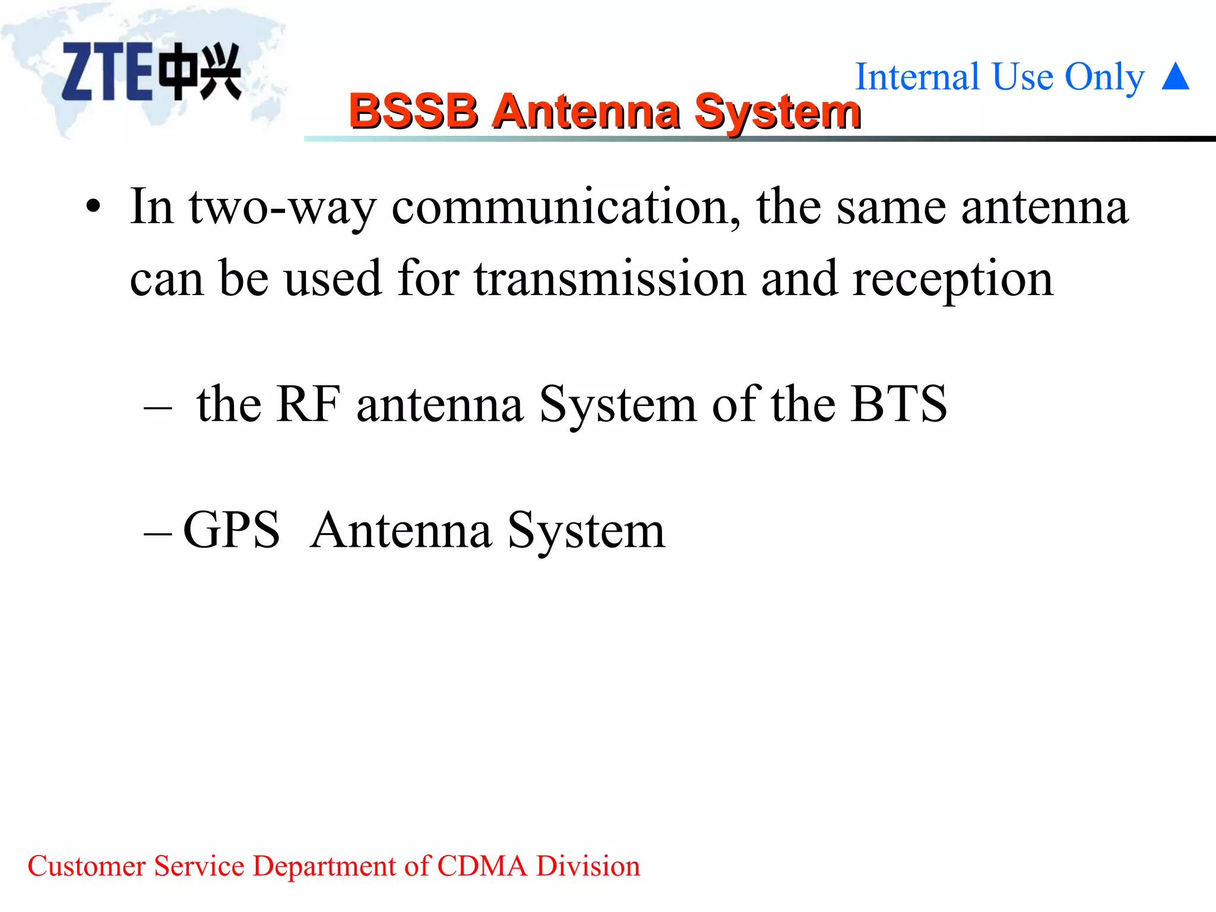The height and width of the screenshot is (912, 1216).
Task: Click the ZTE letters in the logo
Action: pyautogui.click(x=107, y=72)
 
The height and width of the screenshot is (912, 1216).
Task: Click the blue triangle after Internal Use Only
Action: pyautogui.click(x=1175, y=77)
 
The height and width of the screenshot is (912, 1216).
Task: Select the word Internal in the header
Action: pyautogui.click(x=917, y=77)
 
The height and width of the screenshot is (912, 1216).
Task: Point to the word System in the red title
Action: pyautogui.click(x=778, y=112)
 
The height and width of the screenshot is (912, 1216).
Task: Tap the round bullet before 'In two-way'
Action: pyautogui.click(x=93, y=207)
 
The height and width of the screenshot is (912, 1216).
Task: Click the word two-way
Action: pyautogui.click(x=283, y=208)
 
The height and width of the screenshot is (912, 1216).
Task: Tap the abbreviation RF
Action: pyautogui.click(x=308, y=404)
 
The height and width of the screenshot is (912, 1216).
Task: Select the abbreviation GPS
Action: pyautogui.click(x=232, y=530)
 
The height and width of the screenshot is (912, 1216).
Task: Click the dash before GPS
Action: pyautogui.click(x=158, y=534)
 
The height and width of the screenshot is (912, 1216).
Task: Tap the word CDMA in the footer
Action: pyautogui.click(x=482, y=866)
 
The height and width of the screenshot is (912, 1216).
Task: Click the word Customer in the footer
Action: pyautogui.click(x=87, y=866)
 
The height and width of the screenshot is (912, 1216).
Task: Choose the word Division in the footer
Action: pyautogui.click(x=588, y=866)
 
